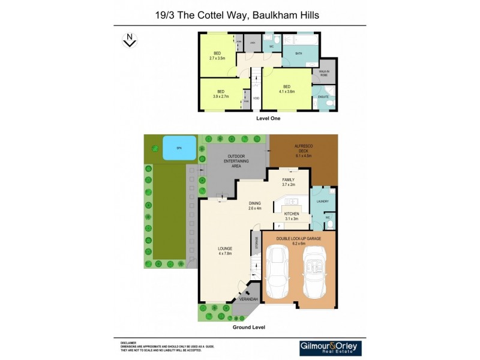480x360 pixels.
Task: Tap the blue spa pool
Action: point(179,147)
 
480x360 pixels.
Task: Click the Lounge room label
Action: point(225,251)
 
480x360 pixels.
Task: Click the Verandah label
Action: point(248,299)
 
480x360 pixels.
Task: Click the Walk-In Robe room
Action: point(324,73)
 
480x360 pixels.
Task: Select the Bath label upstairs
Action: point(298,53)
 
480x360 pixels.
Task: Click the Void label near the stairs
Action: point(256,98)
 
